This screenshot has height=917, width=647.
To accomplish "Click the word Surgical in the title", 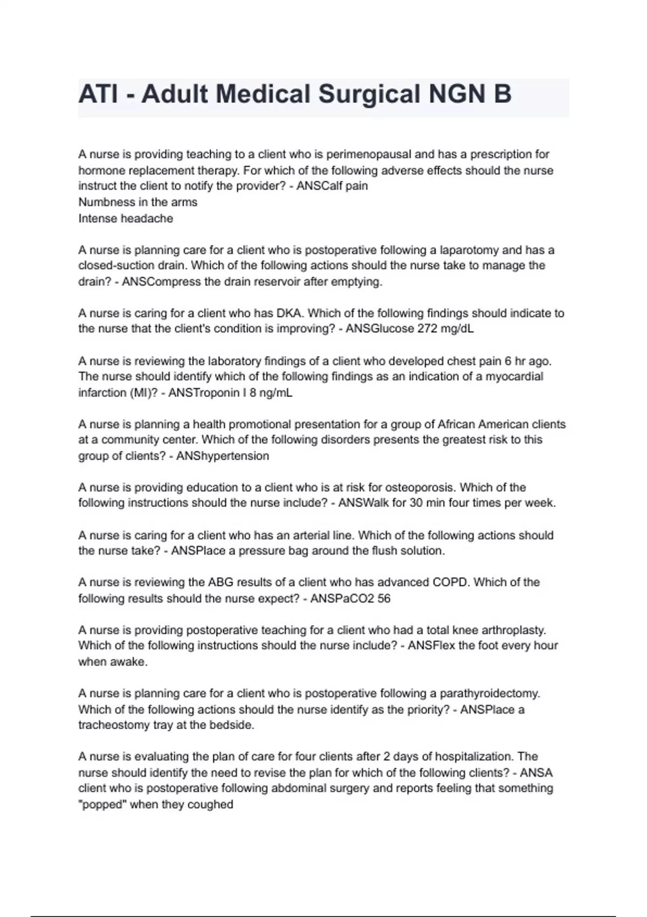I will tap(369, 94).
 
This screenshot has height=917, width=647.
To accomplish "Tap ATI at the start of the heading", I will tap(98, 94).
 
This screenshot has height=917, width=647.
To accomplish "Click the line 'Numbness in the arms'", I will tap(138, 202).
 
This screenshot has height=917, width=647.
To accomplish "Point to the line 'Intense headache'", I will tap(126, 218).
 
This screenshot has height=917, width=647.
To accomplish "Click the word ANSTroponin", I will tap(204, 393).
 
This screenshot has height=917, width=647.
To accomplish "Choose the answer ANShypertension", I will tap(223, 456).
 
